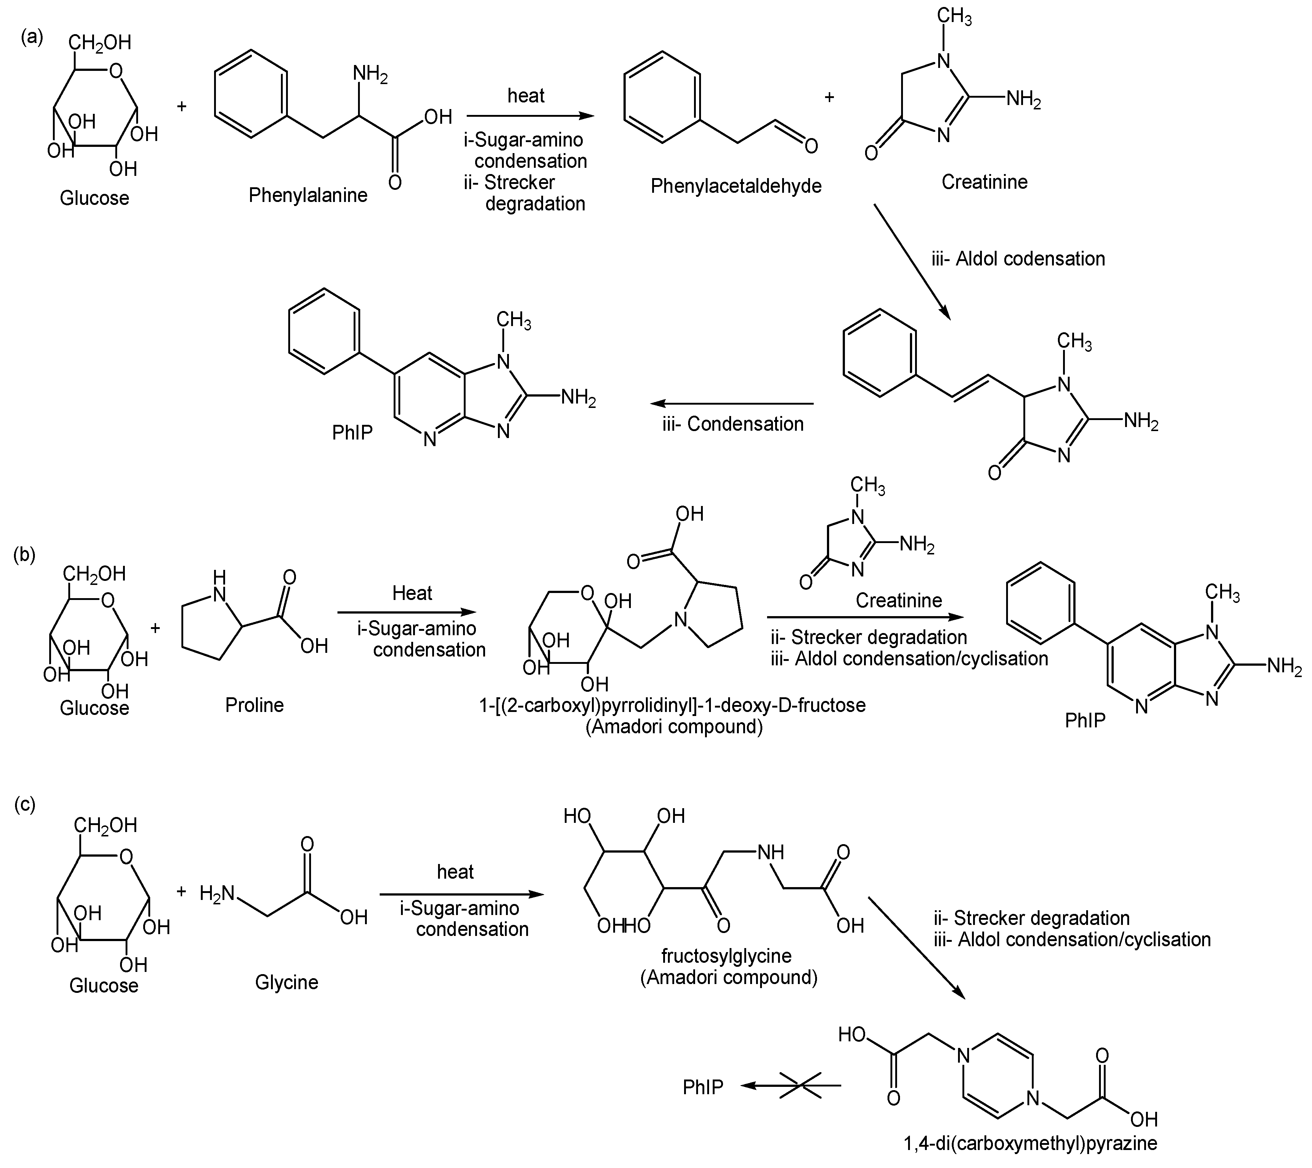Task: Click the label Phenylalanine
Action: [x=308, y=195]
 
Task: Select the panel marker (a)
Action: [x=32, y=37]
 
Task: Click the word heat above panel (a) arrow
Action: [x=526, y=95]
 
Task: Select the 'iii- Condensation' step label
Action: [x=733, y=424]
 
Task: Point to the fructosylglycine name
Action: [x=727, y=955]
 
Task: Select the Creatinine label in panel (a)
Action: [x=984, y=182]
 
